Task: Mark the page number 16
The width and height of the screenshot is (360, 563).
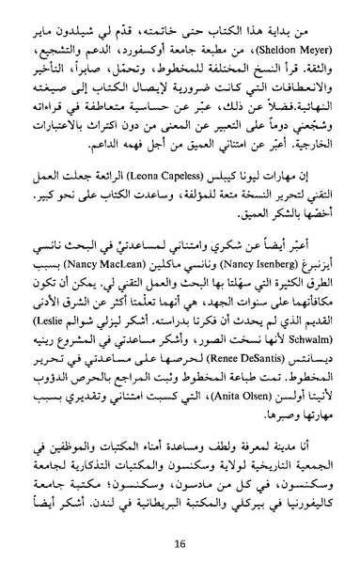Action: (x=180, y=541)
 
